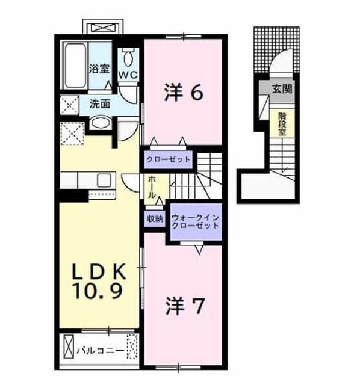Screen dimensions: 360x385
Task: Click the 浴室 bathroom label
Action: (x=99, y=69)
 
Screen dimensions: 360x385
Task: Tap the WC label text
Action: (x=128, y=75)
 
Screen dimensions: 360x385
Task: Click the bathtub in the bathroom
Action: (x=75, y=66)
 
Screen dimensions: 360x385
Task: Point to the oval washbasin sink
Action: (x=100, y=122)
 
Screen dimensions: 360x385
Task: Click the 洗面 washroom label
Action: (x=99, y=104)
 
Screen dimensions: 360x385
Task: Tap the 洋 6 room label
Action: (x=184, y=92)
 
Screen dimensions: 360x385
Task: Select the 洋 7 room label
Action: (x=185, y=306)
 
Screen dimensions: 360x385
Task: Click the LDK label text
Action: (x=99, y=271)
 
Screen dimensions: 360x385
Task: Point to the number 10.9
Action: (x=98, y=291)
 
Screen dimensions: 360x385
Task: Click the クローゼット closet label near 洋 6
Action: (x=169, y=159)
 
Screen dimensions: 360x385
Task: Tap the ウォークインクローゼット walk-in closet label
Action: (x=196, y=222)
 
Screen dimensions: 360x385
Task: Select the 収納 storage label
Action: (x=155, y=219)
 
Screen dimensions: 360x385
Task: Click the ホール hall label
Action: (x=152, y=187)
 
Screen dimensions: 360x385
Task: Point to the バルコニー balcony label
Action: (x=101, y=351)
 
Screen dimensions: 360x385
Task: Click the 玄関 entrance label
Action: (x=282, y=89)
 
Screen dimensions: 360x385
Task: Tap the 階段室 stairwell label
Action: (x=282, y=124)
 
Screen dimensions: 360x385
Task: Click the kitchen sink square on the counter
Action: (x=104, y=180)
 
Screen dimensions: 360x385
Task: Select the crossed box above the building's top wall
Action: (x=103, y=28)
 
